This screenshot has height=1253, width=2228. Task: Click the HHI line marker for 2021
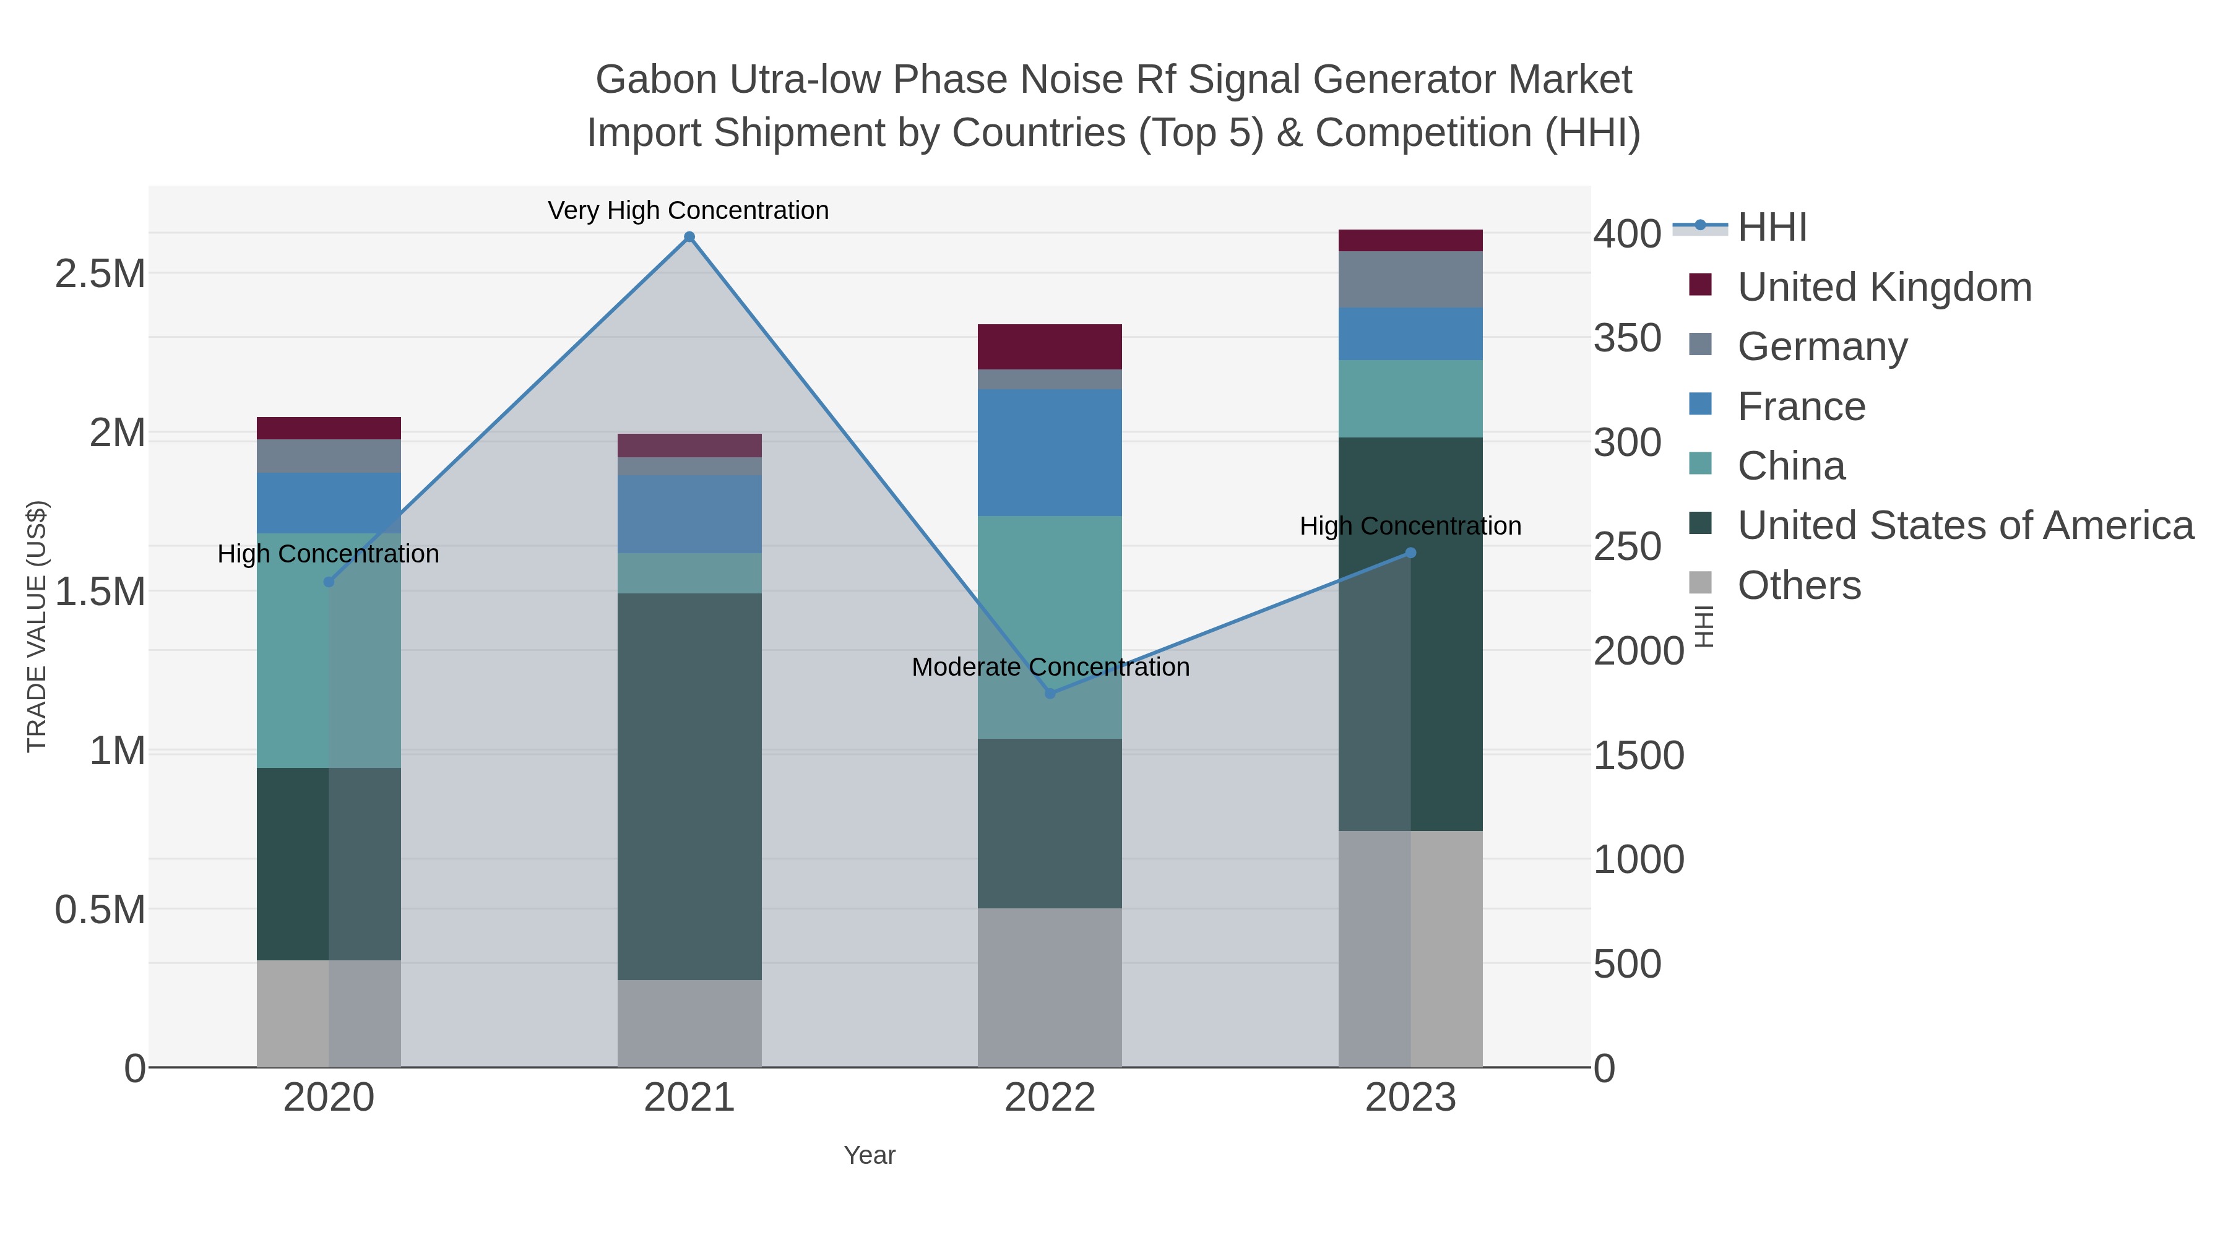click(689, 237)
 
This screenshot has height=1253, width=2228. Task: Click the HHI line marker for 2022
click(1050, 694)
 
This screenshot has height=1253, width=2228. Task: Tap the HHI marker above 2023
click(1410, 553)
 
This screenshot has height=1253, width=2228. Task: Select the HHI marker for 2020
click(329, 582)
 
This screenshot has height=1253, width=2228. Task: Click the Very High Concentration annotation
click(688, 210)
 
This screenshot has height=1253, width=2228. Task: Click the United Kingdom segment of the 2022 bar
click(1050, 347)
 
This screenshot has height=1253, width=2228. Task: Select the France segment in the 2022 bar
click(1050, 452)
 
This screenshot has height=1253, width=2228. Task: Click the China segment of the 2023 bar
click(1410, 398)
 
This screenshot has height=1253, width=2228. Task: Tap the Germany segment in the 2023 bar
click(1410, 279)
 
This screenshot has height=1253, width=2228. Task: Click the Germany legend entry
click(1821, 346)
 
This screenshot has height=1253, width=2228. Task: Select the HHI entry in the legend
click(1771, 228)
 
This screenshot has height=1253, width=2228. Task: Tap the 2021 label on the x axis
click(689, 1097)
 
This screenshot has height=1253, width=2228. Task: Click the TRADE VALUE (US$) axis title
click(37, 626)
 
